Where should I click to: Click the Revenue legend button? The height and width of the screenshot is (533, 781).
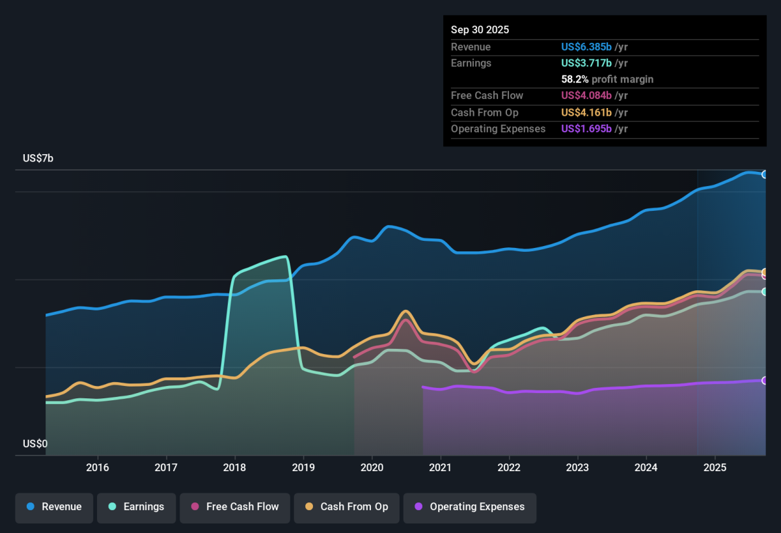(54, 508)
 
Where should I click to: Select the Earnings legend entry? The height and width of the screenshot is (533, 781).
(136, 508)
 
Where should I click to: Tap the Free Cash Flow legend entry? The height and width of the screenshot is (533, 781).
(235, 508)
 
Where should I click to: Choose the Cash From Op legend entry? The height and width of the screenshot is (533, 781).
(346, 508)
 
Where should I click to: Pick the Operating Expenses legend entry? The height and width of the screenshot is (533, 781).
(470, 508)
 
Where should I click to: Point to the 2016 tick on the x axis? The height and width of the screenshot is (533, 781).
(98, 467)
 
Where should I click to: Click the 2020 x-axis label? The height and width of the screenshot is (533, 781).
(372, 467)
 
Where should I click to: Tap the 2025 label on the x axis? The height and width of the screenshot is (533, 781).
(715, 467)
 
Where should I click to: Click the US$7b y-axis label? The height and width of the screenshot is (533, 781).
(38, 158)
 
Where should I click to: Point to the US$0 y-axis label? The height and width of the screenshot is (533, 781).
(35, 444)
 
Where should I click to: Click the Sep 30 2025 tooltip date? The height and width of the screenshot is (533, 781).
(480, 30)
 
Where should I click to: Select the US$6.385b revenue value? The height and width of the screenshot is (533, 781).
(586, 47)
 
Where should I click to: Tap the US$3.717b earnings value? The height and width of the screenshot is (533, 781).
(586, 63)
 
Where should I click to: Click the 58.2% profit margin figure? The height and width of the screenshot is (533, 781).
(575, 79)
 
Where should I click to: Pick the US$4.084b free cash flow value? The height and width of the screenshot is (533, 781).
(586, 96)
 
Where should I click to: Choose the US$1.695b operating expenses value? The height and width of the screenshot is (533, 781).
(586, 129)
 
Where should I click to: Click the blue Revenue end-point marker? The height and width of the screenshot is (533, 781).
(765, 174)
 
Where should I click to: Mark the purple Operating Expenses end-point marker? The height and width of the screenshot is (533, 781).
(765, 380)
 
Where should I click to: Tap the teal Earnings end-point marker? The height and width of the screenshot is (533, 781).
(765, 292)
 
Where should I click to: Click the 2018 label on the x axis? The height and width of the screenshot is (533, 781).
(235, 467)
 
